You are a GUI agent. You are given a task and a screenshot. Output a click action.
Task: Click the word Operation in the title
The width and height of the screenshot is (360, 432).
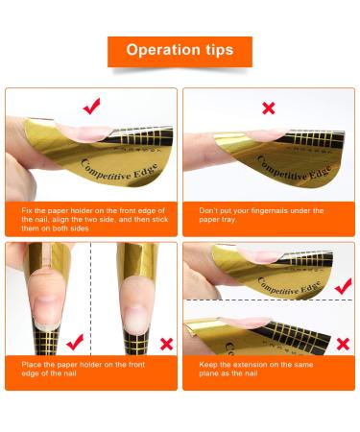(x=163, y=50)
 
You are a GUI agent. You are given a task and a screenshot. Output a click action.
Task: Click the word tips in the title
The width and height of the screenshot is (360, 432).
(x=220, y=51)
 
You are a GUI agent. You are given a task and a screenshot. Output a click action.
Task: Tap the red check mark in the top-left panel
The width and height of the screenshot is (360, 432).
(x=92, y=106)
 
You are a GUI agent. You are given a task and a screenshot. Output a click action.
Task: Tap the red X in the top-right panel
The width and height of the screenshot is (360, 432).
(x=269, y=108)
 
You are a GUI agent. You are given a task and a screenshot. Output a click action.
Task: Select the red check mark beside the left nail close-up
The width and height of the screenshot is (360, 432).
(x=75, y=342)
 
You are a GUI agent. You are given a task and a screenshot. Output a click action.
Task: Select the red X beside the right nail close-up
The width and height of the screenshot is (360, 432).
(x=167, y=344)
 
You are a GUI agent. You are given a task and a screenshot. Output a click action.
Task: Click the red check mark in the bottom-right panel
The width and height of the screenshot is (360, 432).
(x=343, y=286)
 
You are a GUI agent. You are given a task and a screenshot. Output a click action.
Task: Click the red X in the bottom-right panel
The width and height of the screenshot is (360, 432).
(x=343, y=344)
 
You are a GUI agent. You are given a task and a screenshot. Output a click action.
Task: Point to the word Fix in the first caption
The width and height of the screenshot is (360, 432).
(x=27, y=210)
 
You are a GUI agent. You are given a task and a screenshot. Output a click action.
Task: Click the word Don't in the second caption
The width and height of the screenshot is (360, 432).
(x=208, y=210)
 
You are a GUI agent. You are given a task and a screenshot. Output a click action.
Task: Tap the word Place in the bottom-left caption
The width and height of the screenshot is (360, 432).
(x=31, y=365)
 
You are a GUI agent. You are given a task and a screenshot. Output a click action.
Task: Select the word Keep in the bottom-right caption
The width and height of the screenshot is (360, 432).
(x=208, y=365)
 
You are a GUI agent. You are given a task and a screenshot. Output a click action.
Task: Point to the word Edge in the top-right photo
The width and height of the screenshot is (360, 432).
(x=318, y=174)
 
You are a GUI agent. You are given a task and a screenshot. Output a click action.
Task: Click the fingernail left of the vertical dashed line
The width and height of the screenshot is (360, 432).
(x=47, y=311)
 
